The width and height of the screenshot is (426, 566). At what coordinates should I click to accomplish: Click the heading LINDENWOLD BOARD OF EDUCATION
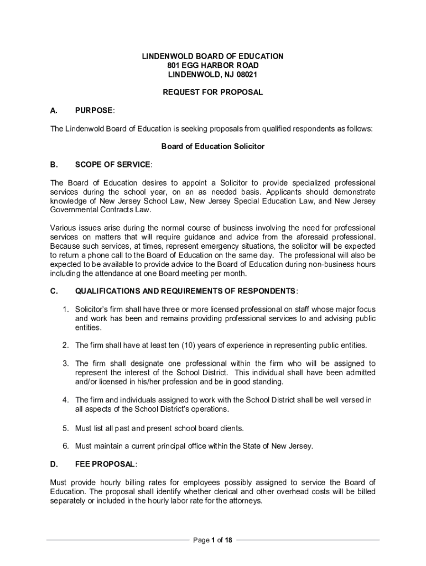pos(213,56)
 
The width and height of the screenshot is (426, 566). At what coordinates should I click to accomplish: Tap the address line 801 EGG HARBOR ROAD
pos(213,65)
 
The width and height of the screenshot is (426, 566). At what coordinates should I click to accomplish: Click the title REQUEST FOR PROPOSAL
pos(213,92)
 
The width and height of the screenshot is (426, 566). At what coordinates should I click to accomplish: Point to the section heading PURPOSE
pos(94,111)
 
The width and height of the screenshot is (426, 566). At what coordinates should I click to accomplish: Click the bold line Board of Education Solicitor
pos(213,146)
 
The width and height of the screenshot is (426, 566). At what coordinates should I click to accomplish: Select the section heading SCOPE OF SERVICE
pos(112,165)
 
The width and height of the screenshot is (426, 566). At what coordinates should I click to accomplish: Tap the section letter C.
pos(54,291)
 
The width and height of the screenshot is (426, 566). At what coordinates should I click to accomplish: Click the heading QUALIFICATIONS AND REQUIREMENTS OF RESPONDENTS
pos(186,291)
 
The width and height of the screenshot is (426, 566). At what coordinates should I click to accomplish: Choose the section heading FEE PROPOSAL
pos(105,463)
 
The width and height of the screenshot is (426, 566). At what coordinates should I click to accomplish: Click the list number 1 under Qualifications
pos(65,310)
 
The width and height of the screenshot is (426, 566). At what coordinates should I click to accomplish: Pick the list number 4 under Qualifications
pos(65,400)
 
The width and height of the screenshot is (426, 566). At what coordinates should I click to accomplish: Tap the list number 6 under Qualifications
pos(65,446)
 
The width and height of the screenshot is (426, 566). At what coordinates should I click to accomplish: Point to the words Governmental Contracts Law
pos(101,210)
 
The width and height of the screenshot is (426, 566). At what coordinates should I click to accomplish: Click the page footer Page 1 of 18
pos(213,540)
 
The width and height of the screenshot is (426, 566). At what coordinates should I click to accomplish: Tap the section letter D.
pos(54,463)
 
